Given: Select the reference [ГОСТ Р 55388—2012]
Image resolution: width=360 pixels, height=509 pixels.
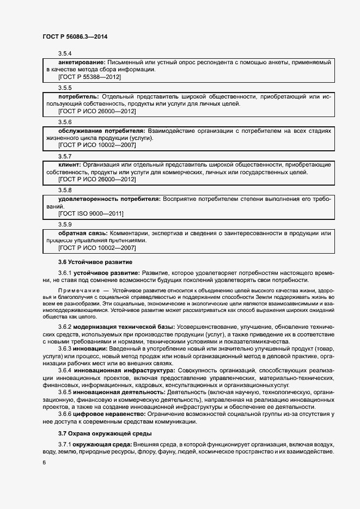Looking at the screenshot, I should pyautogui.click(x=90, y=77).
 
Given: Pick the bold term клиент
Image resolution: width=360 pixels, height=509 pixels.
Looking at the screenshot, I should pyautogui.click(x=69, y=164).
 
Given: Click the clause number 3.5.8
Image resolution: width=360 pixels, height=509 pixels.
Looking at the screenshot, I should pyautogui.click(x=65, y=189).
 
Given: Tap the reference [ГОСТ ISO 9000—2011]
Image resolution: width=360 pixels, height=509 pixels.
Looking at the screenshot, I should pyautogui.click(x=91, y=213).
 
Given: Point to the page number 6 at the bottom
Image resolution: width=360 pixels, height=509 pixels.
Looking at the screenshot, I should pyautogui.click(x=44, y=462).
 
